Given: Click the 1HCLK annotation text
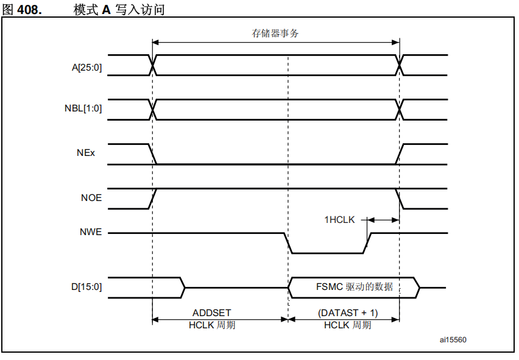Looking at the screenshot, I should pyautogui.click(x=339, y=219).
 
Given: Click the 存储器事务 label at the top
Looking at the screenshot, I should pyautogui.click(x=275, y=34).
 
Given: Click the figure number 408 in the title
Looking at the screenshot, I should pyautogui.click(x=29, y=10).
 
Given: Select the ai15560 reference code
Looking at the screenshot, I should pyautogui.click(x=454, y=340).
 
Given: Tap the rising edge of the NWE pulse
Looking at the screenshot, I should pyautogui.click(x=368, y=242).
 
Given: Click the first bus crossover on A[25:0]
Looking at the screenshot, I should pyautogui.click(x=153, y=65).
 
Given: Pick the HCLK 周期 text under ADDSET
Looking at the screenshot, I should pyautogui.click(x=211, y=325).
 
